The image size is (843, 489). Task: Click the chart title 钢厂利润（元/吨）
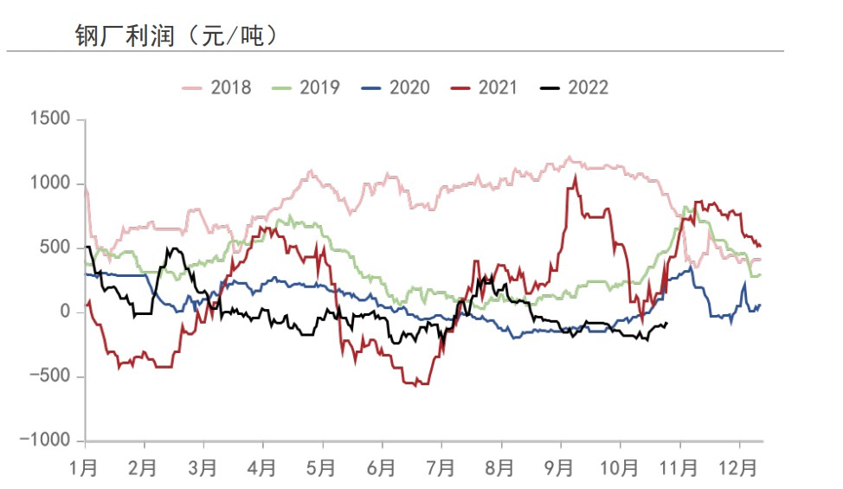pyautogui.click(x=177, y=35)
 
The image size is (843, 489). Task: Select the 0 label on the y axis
pyautogui.click(x=65, y=312)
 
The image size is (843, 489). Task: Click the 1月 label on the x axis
pyautogui.click(x=84, y=468)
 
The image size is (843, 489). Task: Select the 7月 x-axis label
pyautogui.click(x=441, y=468)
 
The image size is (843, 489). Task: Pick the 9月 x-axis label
pyautogui.click(x=559, y=468)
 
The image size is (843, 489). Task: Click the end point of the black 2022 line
pyautogui.click(x=666, y=323)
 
